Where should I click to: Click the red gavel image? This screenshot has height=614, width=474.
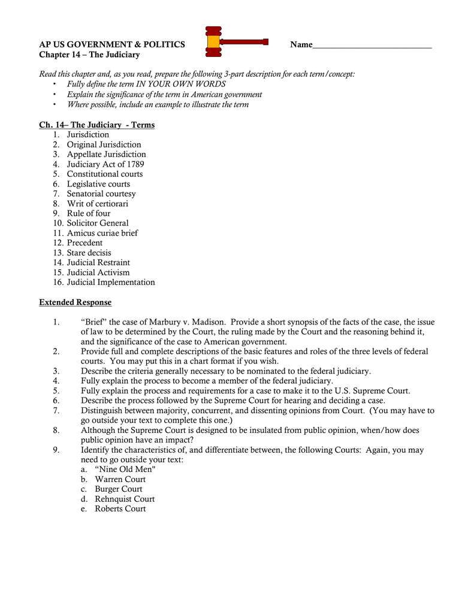point(236,42)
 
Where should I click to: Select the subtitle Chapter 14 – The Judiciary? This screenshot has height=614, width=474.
point(89,55)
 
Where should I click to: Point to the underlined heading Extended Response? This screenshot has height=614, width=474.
point(75,302)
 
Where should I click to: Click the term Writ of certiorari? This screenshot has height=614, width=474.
point(97,204)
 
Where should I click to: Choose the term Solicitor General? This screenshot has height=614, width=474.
point(98,223)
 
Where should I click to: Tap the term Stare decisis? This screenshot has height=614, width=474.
point(89,253)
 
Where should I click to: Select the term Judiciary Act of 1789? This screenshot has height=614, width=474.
point(105,164)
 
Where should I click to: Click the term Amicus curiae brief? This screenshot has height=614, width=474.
point(102,233)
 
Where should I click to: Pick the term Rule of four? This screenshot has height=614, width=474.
point(89,213)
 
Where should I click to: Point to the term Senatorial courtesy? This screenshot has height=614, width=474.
point(101,194)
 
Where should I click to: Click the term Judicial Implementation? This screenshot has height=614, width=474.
point(111,282)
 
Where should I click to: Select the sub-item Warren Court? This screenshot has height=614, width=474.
point(120,480)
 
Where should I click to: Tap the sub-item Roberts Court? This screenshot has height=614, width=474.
point(120,509)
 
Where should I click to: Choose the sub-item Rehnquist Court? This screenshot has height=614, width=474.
point(125,499)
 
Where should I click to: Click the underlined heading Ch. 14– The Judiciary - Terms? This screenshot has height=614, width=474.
point(96,125)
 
